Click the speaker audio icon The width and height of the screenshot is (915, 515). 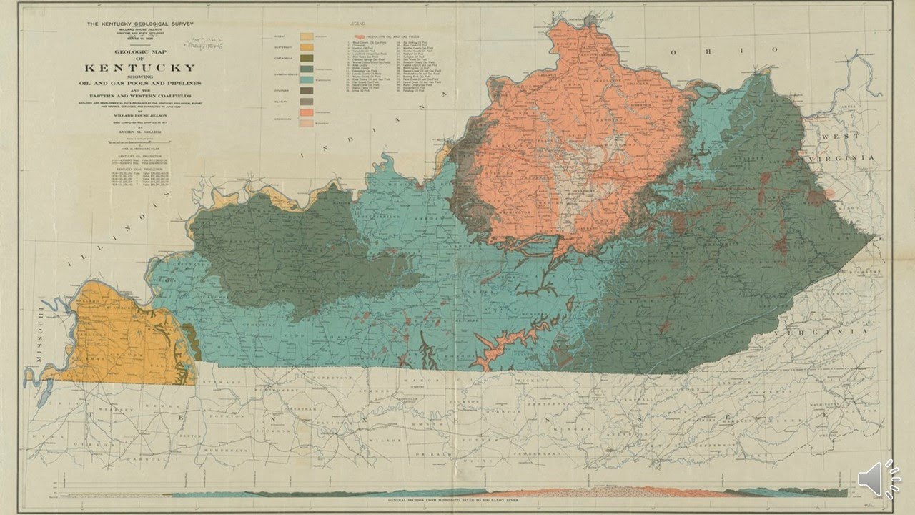point(879,478)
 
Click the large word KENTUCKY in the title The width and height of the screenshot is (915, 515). point(140,68)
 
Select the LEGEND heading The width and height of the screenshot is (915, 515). point(357,26)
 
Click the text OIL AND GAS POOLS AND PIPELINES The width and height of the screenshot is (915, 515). point(140,83)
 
